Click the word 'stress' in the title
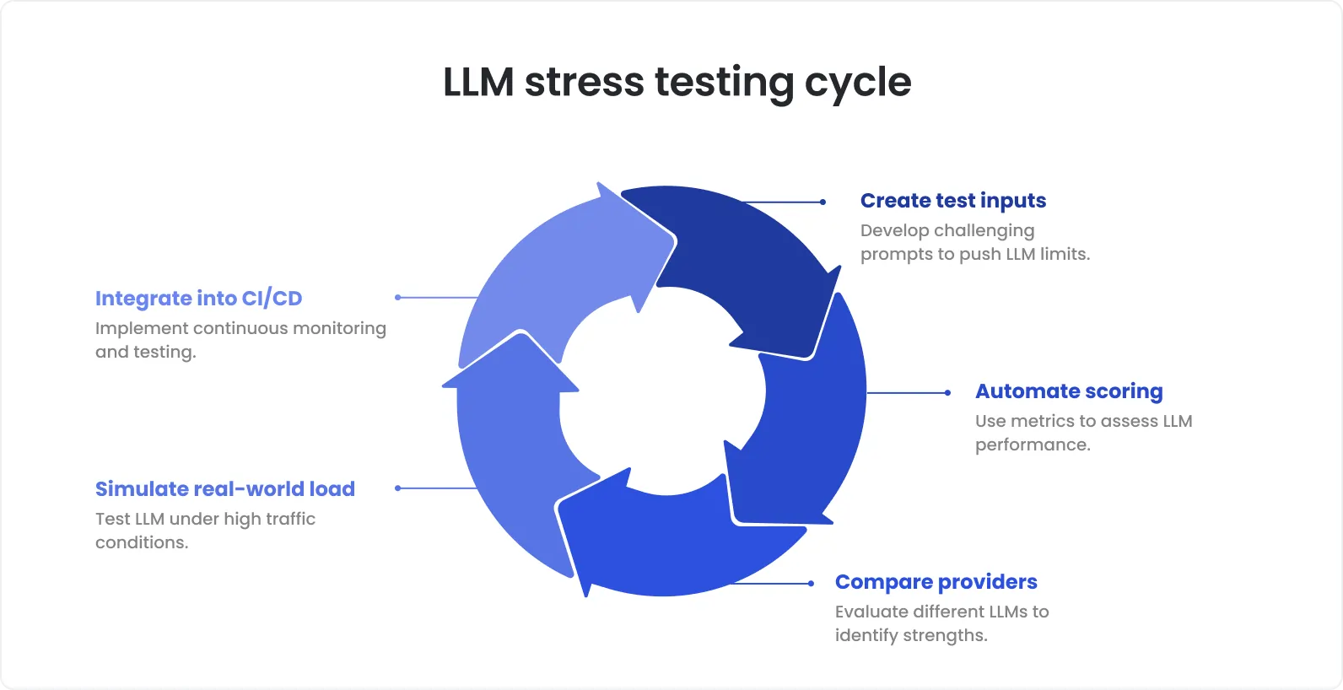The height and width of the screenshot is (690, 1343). (585, 83)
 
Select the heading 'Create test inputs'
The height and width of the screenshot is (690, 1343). (952, 201)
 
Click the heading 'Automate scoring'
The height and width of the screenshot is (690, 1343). (1069, 391)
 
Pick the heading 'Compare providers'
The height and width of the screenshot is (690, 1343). (936, 582)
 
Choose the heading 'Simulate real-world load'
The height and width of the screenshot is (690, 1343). (224, 489)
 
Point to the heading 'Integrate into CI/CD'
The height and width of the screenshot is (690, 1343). (198, 299)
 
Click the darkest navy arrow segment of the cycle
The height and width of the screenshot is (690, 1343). (742, 261)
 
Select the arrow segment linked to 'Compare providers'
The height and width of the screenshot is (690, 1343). (666, 540)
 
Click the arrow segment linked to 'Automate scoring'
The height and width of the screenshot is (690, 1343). (810, 422)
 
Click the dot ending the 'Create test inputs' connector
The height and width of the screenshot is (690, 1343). (823, 202)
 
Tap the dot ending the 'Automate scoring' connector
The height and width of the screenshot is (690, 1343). (947, 393)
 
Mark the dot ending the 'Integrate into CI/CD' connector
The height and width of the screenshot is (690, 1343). (397, 297)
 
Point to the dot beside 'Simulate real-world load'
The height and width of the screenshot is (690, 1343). (397, 488)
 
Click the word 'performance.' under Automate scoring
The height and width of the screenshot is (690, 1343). (1033, 445)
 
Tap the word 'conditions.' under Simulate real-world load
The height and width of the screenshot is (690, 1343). (142, 543)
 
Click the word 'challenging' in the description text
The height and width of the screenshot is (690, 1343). (984, 231)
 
